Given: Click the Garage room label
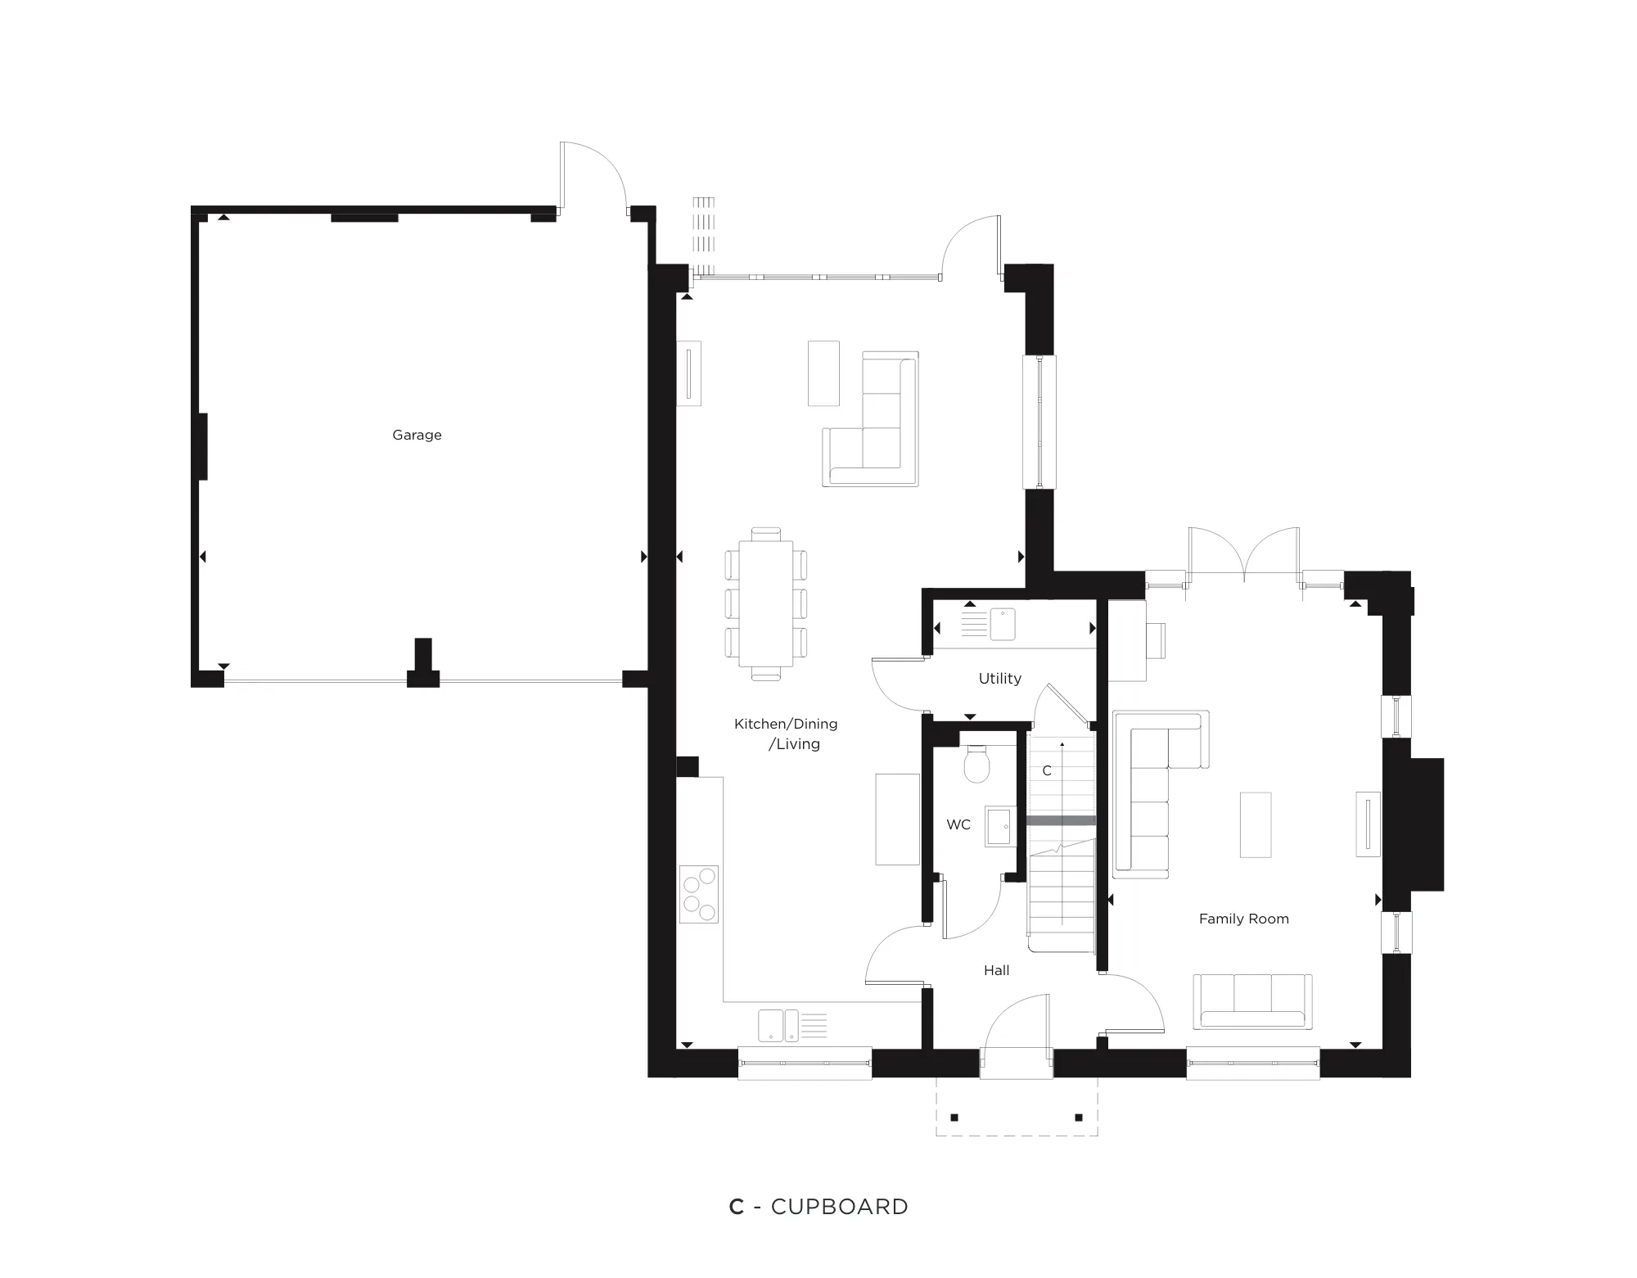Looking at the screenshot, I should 417,435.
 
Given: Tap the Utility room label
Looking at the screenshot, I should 999,678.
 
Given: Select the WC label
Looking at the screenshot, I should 958,824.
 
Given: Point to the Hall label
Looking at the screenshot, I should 996,970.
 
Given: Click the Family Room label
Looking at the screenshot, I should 1243,919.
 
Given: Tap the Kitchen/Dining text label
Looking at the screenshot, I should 786,724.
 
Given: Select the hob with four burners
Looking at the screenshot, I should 699,894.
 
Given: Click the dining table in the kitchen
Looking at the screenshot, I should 766,603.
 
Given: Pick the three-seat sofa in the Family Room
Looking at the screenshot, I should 1252,1001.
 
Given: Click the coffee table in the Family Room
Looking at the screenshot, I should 1255,824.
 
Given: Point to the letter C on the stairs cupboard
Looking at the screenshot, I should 1046,770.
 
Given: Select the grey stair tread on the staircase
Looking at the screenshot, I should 1061,820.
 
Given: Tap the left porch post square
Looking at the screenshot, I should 954,1118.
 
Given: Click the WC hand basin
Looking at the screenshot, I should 999,826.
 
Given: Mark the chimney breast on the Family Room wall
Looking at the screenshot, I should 1425,824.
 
